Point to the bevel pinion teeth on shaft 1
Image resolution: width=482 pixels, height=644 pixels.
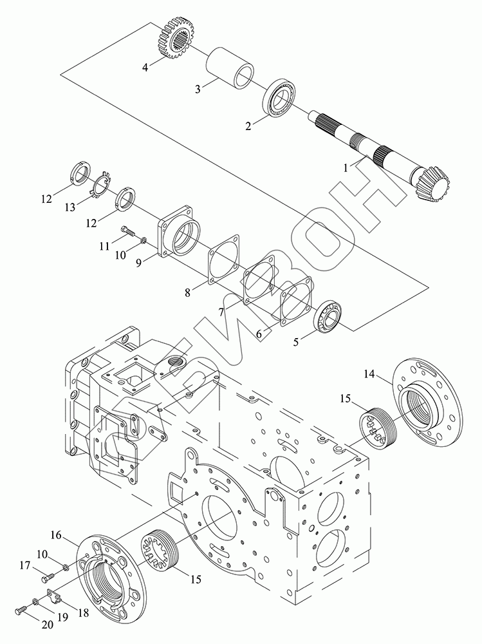pyautogui.click(x=433, y=184)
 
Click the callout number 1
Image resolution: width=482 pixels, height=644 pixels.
pyautogui.click(x=346, y=167)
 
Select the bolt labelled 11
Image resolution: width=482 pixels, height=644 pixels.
pyautogui.click(x=128, y=232)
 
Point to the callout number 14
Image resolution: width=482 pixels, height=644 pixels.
pyautogui.click(x=369, y=374)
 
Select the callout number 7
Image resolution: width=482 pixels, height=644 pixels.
pyautogui.click(x=222, y=312)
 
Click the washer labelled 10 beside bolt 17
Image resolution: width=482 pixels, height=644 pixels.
pyautogui.click(x=64, y=567)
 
